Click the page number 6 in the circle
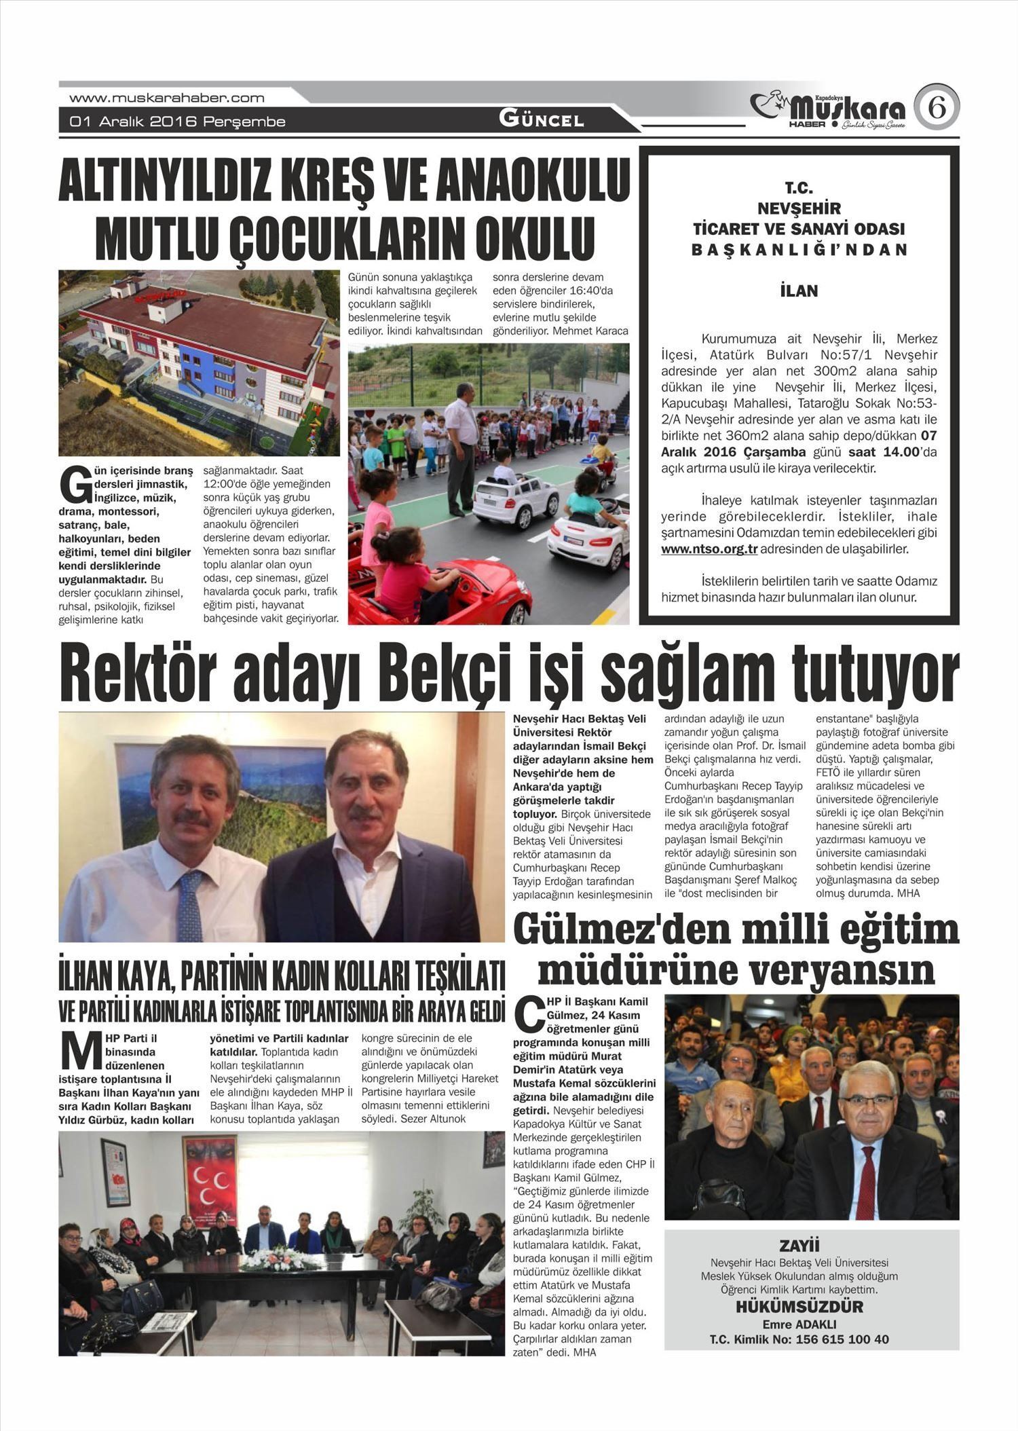pyautogui.click(x=937, y=107)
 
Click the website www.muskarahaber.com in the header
pyautogui.click(x=167, y=98)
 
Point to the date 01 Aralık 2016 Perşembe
pyautogui.click(x=177, y=122)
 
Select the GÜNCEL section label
pyautogui.click(x=541, y=119)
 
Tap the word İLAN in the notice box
pyautogui.click(x=799, y=291)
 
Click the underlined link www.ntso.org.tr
pyautogui.click(x=709, y=549)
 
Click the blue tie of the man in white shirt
pyautogui.click(x=191, y=906)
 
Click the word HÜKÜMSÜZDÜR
pyautogui.click(x=799, y=1307)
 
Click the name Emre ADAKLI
pyautogui.click(x=799, y=1324)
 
